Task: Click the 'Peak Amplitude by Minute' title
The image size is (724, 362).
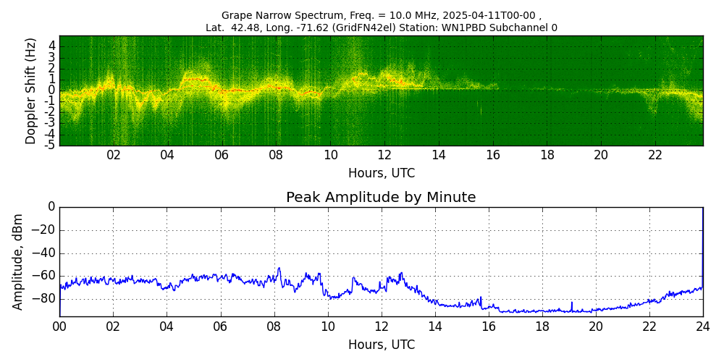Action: [381, 198]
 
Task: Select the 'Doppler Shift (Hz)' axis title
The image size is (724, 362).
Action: [31, 90]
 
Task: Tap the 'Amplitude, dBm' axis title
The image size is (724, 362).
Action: [19, 261]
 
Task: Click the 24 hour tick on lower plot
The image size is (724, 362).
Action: [702, 327]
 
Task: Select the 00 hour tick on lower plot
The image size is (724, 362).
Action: [59, 327]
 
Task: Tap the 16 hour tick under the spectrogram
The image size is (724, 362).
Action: [493, 155]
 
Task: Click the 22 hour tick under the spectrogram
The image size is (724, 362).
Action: [655, 155]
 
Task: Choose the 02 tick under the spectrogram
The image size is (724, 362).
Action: [114, 155]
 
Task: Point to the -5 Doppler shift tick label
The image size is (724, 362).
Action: [51, 145]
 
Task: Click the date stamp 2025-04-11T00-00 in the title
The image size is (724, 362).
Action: [484, 15]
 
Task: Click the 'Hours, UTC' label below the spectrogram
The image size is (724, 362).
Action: [381, 174]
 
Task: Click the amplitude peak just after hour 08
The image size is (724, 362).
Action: [279, 269]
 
